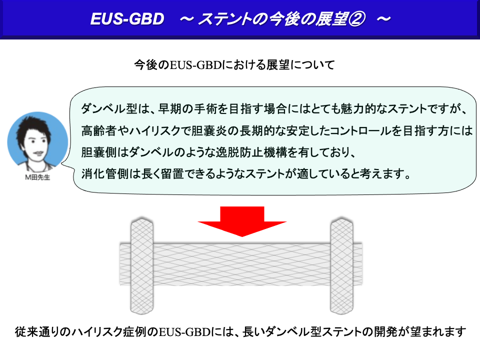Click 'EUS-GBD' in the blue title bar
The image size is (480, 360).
point(127,19)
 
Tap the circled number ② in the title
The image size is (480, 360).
point(356,19)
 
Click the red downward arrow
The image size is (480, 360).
point(242,221)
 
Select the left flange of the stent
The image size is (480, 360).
point(141,265)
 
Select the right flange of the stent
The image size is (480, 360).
point(341,265)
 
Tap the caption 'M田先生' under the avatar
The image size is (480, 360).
point(37,177)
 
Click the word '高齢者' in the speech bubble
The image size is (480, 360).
point(98,130)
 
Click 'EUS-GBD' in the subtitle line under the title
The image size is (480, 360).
point(195,65)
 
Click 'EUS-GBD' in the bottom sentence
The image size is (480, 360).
point(184,331)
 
